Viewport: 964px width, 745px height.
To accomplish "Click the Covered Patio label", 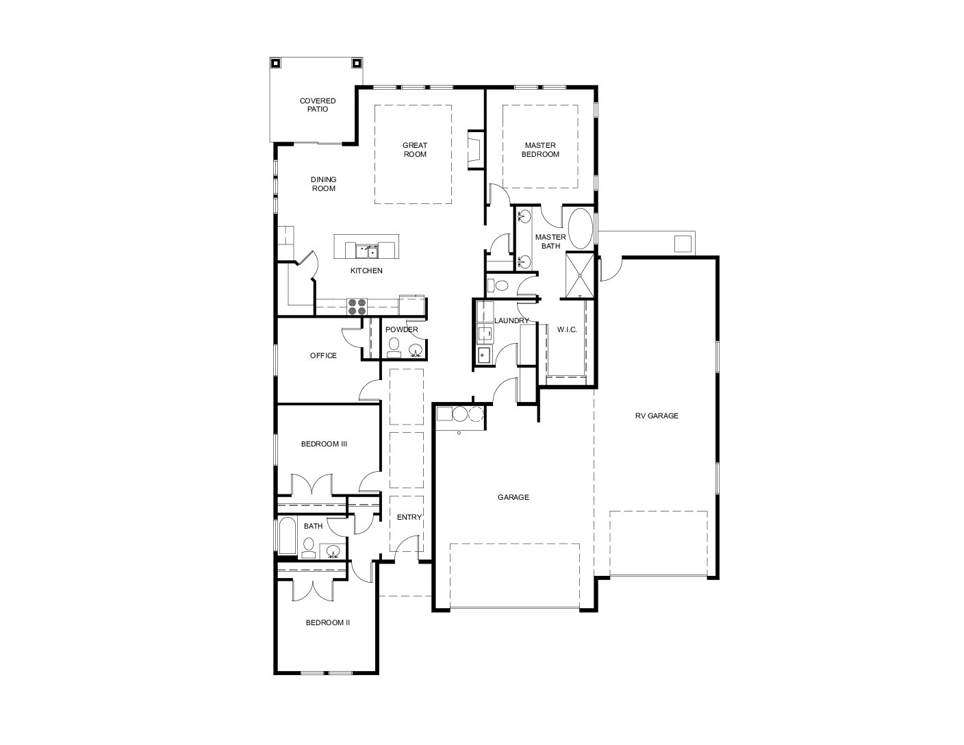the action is pyautogui.click(x=318, y=105).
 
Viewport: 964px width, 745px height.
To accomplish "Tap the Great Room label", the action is pyautogui.click(x=415, y=149).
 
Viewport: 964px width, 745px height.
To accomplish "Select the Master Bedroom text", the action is pyautogui.click(x=540, y=149).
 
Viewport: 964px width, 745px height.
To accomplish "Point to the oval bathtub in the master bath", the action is pyautogui.click(x=581, y=229).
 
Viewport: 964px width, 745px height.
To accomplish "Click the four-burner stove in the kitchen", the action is pyautogui.click(x=357, y=306).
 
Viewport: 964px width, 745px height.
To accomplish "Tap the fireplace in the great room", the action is pyautogui.click(x=475, y=149).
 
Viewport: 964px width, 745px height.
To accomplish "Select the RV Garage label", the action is pyautogui.click(x=657, y=416).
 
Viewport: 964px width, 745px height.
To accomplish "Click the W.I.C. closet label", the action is pyautogui.click(x=567, y=329).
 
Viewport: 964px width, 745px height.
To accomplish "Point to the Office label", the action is pyautogui.click(x=323, y=355).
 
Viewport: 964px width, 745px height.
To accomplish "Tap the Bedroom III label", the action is pyautogui.click(x=324, y=444).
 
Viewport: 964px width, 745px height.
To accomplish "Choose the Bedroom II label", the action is pyautogui.click(x=328, y=622).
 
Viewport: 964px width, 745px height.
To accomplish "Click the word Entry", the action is pyautogui.click(x=409, y=517).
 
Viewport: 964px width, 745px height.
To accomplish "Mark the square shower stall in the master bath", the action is pyautogui.click(x=580, y=275).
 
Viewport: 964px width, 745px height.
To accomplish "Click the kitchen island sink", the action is pyautogui.click(x=367, y=251).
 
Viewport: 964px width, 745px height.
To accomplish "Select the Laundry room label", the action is pyautogui.click(x=511, y=320).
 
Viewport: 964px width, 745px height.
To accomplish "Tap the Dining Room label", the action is pyautogui.click(x=323, y=184).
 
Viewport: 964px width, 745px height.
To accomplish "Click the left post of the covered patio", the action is pyautogui.click(x=275, y=64).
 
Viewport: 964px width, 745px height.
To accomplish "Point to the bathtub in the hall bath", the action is pyautogui.click(x=288, y=535).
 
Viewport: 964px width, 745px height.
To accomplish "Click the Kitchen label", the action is pyautogui.click(x=366, y=270).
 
